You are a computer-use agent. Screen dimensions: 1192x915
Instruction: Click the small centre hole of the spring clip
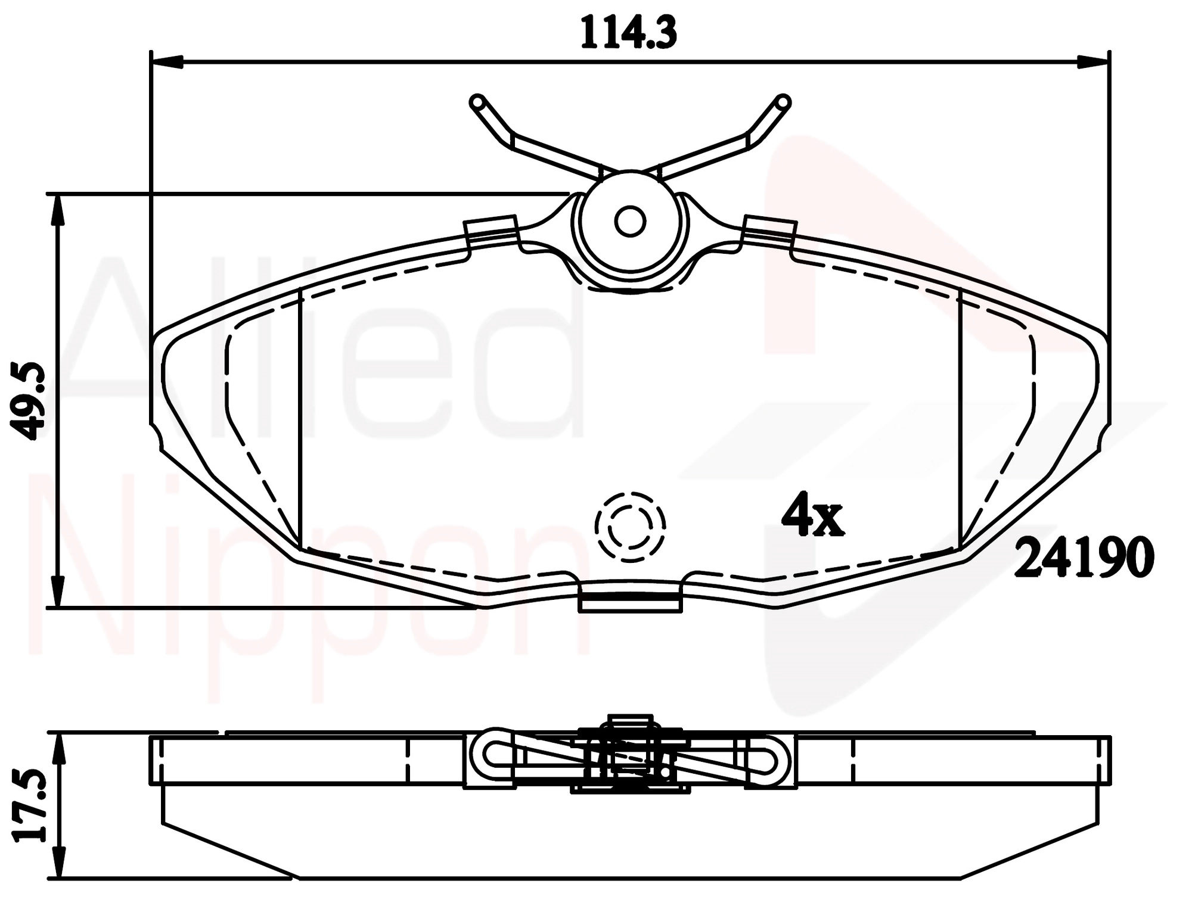pos(630,222)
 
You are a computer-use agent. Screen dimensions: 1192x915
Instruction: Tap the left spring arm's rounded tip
pos(477,102)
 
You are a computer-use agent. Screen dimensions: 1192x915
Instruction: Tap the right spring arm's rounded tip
pos(783,102)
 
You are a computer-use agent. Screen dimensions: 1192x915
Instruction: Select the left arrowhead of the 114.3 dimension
pos(167,61)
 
